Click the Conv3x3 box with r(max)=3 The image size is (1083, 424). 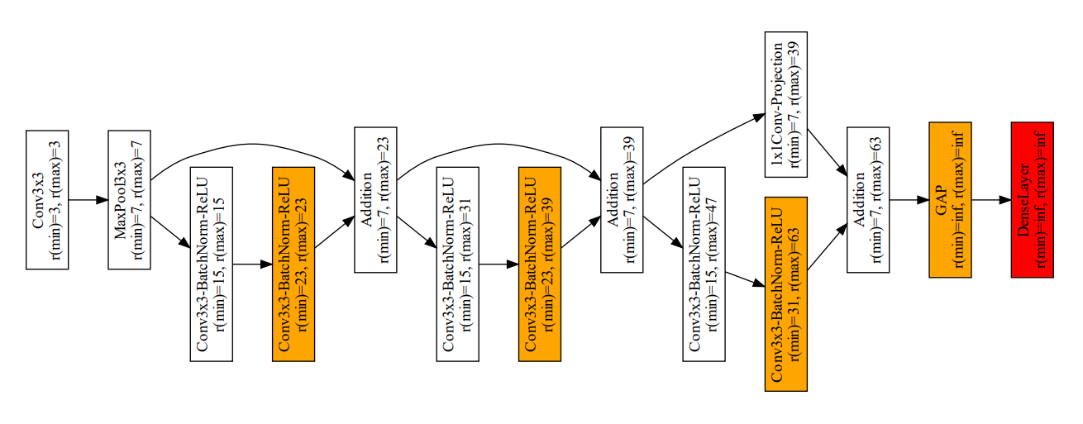point(47,199)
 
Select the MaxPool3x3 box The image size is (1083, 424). point(129,199)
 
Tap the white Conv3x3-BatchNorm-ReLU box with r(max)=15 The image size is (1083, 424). point(212,264)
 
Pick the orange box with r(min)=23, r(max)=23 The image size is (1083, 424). point(293,264)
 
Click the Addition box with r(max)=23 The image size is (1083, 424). point(375,199)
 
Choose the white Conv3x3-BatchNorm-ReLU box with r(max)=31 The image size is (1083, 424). point(458,264)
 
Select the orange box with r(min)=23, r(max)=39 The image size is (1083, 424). point(540,264)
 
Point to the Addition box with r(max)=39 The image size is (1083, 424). point(622,199)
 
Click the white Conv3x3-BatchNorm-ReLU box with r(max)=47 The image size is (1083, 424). point(704,264)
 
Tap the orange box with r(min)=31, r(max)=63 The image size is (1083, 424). point(786,293)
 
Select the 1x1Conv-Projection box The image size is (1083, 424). point(786,104)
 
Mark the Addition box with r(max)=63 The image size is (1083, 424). point(868,199)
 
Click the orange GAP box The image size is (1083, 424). point(950,199)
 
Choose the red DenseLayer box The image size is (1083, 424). point(1032,199)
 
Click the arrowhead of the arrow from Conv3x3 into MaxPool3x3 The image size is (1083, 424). point(103,199)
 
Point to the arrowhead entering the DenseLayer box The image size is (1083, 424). point(1005,199)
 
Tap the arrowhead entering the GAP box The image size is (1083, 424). point(923,199)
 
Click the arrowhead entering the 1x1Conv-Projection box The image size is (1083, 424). point(760,117)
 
